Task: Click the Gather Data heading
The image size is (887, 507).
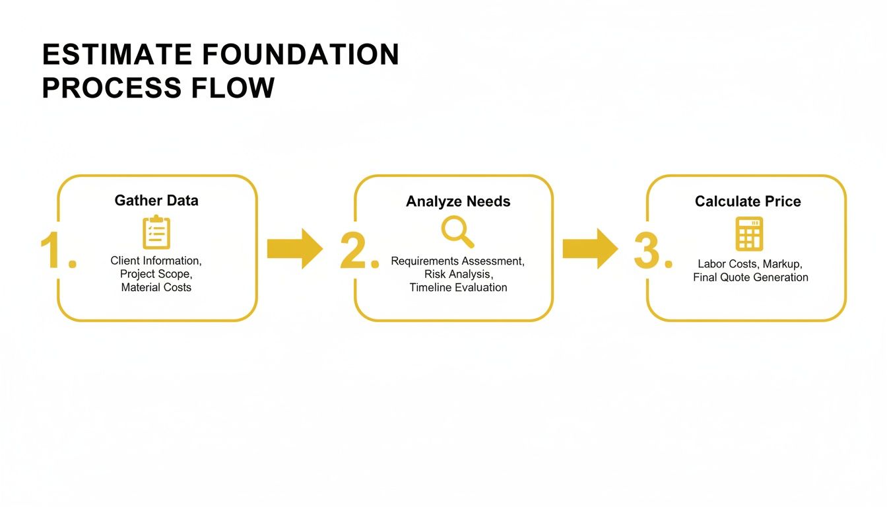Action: (x=156, y=201)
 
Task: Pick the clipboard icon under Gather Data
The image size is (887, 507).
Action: (x=156, y=232)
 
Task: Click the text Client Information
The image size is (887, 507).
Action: (x=156, y=261)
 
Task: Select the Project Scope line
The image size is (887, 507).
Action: (x=156, y=274)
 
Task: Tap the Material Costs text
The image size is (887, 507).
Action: (x=156, y=287)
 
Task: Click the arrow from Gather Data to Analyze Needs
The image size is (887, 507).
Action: (x=294, y=248)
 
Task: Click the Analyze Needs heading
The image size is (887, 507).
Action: (x=458, y=201)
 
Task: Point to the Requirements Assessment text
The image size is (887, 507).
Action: (x=457, y=261)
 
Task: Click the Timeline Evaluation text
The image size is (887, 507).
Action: (x=458, y=287)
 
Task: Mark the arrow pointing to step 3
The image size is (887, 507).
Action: (x=590, y=248)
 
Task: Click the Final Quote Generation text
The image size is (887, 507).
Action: (x=750, y=277)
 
